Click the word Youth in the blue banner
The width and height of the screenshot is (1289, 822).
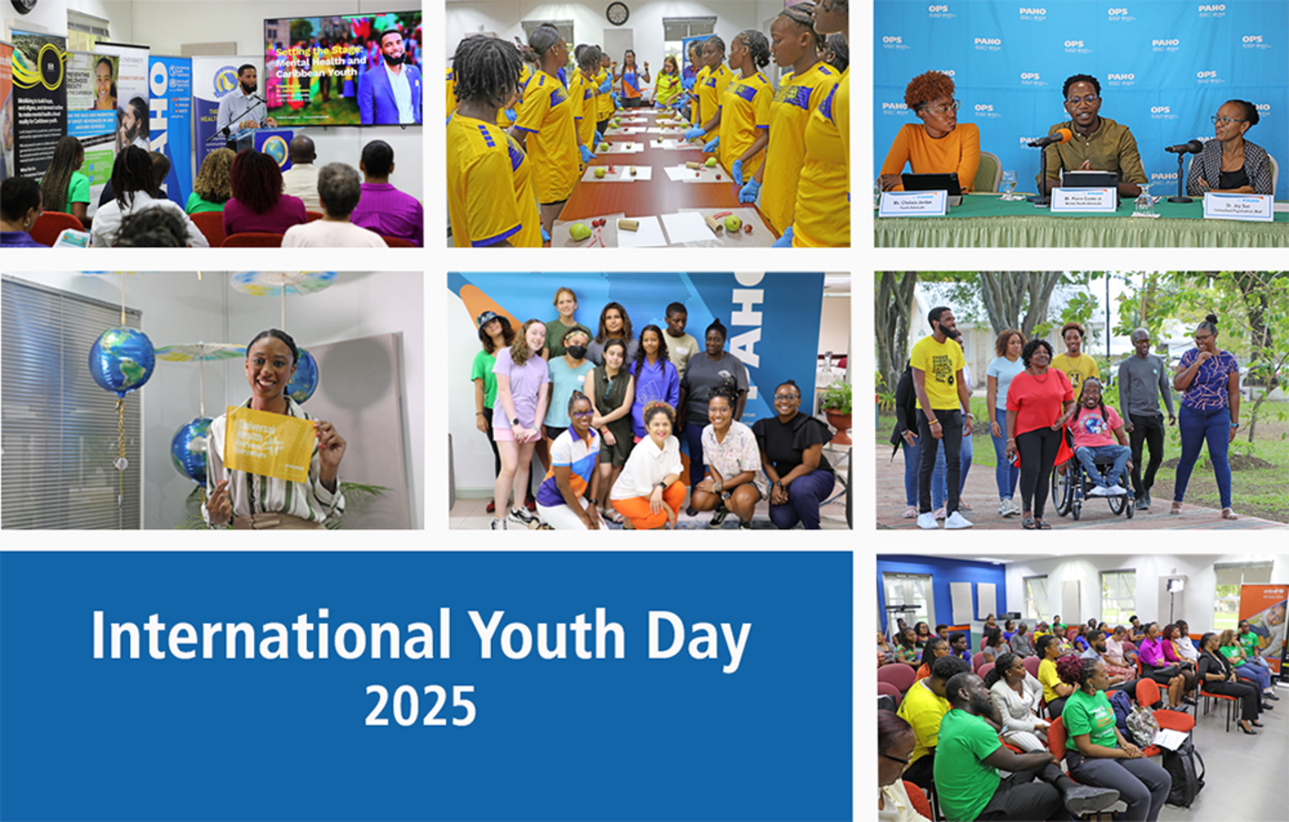[x=546, y=635]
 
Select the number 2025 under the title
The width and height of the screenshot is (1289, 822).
[x=420, y=706]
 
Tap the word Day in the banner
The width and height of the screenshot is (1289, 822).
[x=697, y=637]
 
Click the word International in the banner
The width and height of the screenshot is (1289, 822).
[x=271, y=635]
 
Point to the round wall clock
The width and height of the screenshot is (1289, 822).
[x=617, y=13]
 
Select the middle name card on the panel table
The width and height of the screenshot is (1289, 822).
[x=1083, y=200]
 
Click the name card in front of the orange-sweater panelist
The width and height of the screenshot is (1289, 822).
[x=912, y=202]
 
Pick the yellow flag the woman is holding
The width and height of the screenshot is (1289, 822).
[x=270, y=442]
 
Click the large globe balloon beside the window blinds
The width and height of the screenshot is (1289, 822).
[x=122, y=359]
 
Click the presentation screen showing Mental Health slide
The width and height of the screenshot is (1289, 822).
[x=343, y=69]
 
